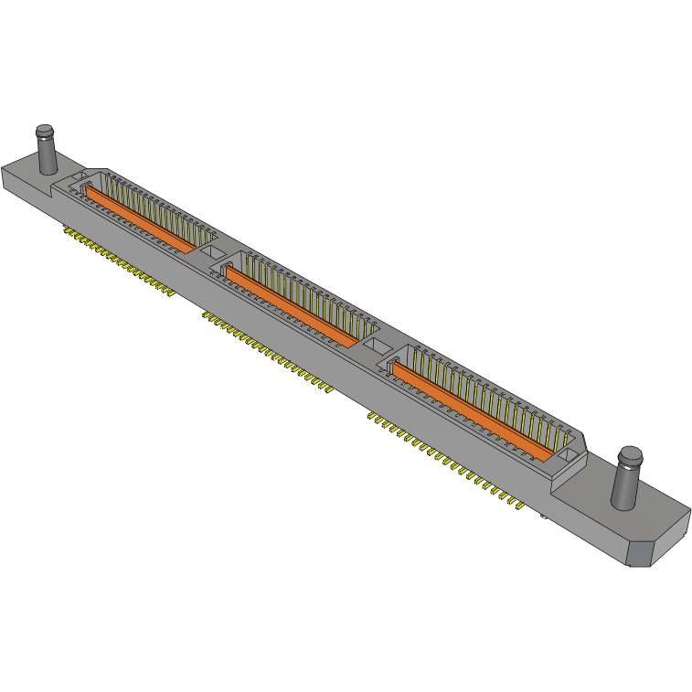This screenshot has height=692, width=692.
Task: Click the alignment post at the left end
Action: click(x=46, y=151)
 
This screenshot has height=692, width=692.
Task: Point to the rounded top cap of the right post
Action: click(x=631, y=454)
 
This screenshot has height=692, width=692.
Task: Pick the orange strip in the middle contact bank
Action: click(x=293, y=306)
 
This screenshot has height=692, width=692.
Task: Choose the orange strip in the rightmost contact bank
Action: click(x=471, y=408)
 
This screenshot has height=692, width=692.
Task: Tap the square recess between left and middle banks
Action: click(x=210, y=250)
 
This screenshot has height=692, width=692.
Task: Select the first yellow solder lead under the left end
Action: click(x=67, y=230)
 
